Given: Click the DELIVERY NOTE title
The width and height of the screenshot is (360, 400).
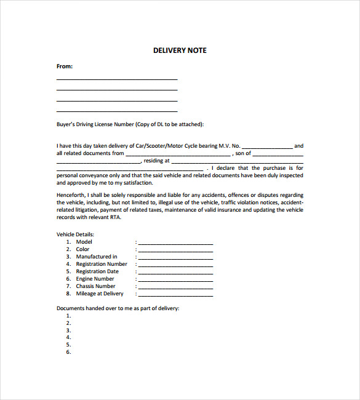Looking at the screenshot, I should [x=180, y=50].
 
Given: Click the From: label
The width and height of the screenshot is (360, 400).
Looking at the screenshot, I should [x=65, y=66].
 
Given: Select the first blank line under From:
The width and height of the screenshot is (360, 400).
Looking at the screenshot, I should [x=117, y=78].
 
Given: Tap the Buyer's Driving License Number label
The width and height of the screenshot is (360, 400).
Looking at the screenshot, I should [x=130, y=124].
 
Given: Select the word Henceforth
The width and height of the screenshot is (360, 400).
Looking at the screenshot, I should [x=71, y=195].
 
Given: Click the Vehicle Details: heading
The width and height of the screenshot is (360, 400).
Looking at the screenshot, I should [x=76, y=234].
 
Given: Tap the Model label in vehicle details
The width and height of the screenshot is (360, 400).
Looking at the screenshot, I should [x=84, y=242].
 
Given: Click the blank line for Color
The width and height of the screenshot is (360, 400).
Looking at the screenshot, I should [x=176, y=250].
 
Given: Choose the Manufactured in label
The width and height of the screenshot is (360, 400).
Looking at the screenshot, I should [x=97, y=257].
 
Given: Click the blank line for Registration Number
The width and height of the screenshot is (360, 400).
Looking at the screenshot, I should [x=176, y=265].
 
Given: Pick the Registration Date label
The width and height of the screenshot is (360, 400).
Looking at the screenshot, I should [x=97, y=271].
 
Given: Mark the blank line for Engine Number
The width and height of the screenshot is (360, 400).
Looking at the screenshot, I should [x=176, y=280].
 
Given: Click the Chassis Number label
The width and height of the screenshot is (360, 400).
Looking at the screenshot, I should [x=95, y=286].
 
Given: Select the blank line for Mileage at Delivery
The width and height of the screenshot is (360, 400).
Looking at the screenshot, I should [x=176, y=295].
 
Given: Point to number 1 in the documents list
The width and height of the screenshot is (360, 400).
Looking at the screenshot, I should [x=68, y=316].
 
